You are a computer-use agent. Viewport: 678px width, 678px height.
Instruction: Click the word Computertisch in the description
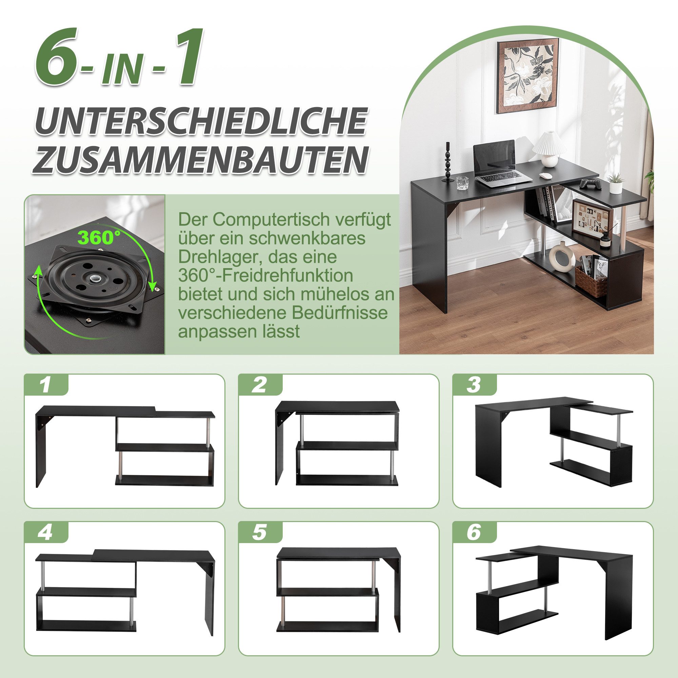point(266,220)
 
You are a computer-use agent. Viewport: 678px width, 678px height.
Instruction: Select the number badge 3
point(474,385)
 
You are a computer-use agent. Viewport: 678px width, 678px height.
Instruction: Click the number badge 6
point(474,533)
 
